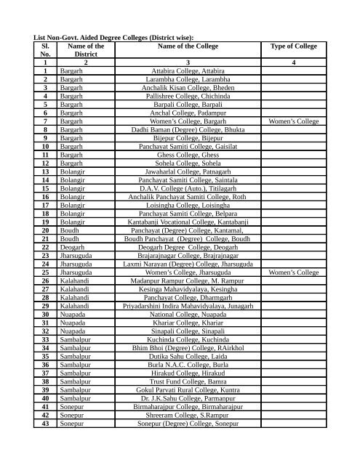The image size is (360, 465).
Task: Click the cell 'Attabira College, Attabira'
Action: pyautogui.click(x=187, y=70)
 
